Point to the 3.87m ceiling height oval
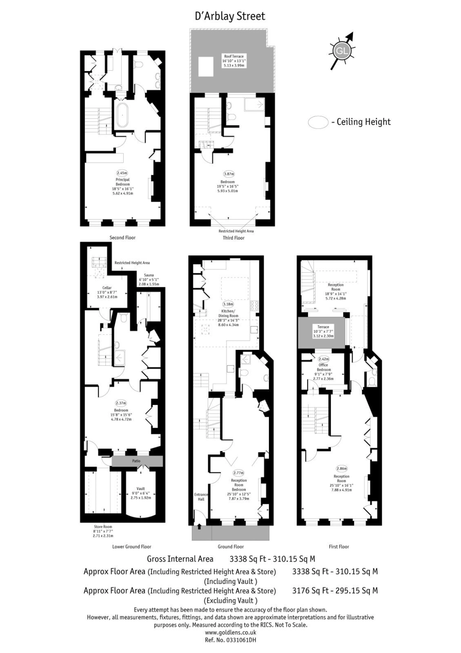(229, 174)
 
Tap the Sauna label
(149, 275)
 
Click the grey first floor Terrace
(321, 332)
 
